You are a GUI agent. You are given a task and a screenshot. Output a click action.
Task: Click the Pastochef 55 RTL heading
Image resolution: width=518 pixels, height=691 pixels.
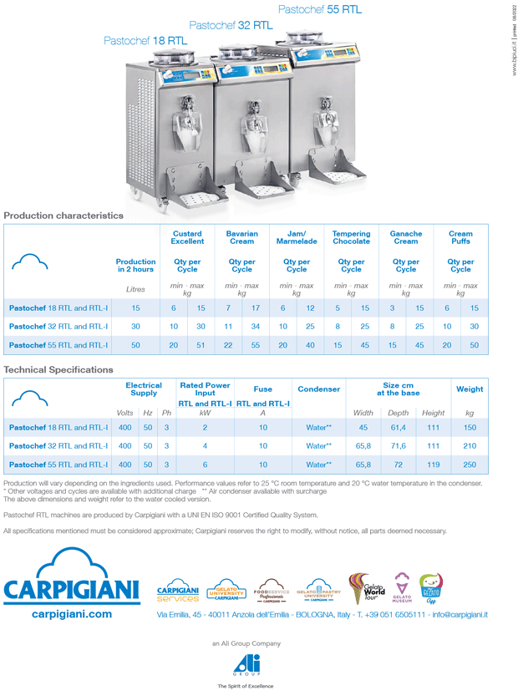[319, 9]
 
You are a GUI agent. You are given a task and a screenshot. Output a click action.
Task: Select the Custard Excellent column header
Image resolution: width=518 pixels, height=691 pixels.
[187, 237]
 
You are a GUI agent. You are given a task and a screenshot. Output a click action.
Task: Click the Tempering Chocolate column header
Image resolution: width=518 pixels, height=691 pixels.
[351, 237]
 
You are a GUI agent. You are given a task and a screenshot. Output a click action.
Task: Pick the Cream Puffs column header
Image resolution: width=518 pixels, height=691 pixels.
[460, 237]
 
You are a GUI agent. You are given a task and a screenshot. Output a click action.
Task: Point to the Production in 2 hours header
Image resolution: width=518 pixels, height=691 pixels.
[135, 266]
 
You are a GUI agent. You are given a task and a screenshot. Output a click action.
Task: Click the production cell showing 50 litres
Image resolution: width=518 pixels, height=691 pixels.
[135, 344]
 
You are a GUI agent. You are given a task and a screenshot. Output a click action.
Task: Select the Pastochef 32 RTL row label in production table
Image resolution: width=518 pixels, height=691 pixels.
[58, 326]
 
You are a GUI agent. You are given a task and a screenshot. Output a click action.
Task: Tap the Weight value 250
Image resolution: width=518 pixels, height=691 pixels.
[469, 464]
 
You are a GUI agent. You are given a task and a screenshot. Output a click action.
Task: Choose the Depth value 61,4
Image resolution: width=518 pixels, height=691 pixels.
[399, 427]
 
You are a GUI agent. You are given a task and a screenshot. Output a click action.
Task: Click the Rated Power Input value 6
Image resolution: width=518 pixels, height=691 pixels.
[205, 464]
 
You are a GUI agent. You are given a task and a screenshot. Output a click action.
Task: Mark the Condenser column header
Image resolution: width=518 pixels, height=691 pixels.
[318, 389]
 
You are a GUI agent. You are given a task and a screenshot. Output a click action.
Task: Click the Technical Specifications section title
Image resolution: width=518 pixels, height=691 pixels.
[58, 368]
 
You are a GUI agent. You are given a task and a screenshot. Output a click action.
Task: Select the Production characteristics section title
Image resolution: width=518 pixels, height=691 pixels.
[63, 215]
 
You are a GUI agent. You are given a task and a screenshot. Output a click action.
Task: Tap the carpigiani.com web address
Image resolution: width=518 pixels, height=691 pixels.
[71, 614]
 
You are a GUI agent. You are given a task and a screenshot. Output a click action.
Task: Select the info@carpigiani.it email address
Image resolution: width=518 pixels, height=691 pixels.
[448, 615]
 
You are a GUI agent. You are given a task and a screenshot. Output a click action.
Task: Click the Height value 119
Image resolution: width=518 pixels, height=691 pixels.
[433, 464]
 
